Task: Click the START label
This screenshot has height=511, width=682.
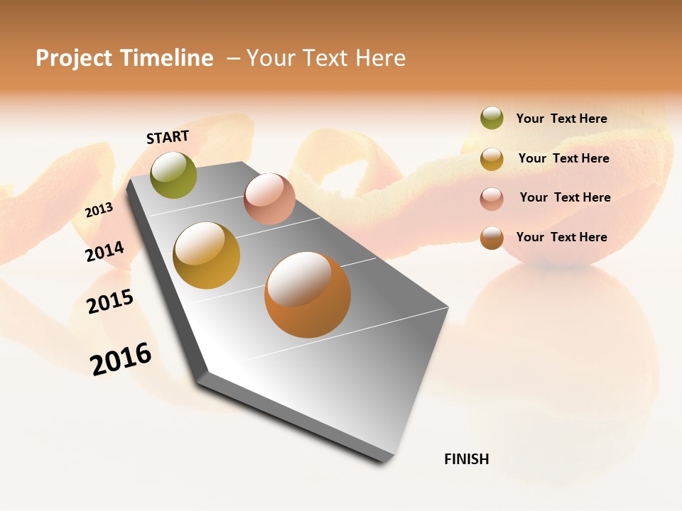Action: [x=168, y=137]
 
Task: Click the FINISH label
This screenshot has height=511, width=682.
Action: [x=466, y=459]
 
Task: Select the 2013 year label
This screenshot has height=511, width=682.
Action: [x=99, y=210]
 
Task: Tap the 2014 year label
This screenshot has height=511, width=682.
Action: [x=104, y=252]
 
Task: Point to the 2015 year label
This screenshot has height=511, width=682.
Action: [x=110, y=302]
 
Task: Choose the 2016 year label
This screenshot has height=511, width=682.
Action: [x=121, y=358]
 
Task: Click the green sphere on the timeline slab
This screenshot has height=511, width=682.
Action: [x=174, y=175]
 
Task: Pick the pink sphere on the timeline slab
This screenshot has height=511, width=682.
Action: [x=269, y=199]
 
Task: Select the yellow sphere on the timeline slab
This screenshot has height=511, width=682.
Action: [x=207, y=255]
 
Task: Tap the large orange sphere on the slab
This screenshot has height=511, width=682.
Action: [x=308, y=295]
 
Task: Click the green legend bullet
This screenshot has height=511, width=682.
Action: [x=492, y=118]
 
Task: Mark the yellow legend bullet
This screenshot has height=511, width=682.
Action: [x=492, y=158]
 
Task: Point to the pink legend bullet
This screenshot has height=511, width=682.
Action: [x=492, y=198]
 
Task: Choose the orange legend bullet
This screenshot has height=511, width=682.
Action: [x=492, y=238]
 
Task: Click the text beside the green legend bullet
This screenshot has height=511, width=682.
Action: [x=561, y=119]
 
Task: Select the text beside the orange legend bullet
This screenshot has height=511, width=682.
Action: [x=561, y=237]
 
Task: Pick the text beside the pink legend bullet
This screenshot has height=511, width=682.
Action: [x=565, y=197]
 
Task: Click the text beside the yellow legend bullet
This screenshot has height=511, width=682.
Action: [x=563, y=158]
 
